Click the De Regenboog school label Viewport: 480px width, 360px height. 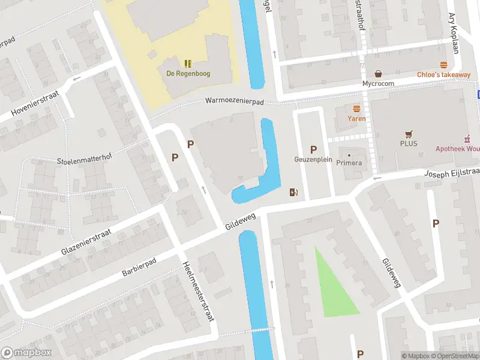coord(188,74)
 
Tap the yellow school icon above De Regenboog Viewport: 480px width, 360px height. coord(188,63)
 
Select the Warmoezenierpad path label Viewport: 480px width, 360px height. coord(235,101)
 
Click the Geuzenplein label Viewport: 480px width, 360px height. coord(313,160)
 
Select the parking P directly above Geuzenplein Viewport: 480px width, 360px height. coord(313,149)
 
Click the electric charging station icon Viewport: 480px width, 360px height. coord(294,193)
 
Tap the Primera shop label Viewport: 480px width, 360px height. coord(349,163)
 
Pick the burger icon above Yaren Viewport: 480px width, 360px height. coord(357,109)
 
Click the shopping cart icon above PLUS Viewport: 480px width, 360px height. coord(409,134)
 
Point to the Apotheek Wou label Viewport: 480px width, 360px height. coord(457,148)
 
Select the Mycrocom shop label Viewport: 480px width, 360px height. coord(377,84)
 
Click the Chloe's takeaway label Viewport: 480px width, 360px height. coord(443,74)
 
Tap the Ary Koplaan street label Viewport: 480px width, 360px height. coord(453,33)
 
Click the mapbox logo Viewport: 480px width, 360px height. coord(26,353)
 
